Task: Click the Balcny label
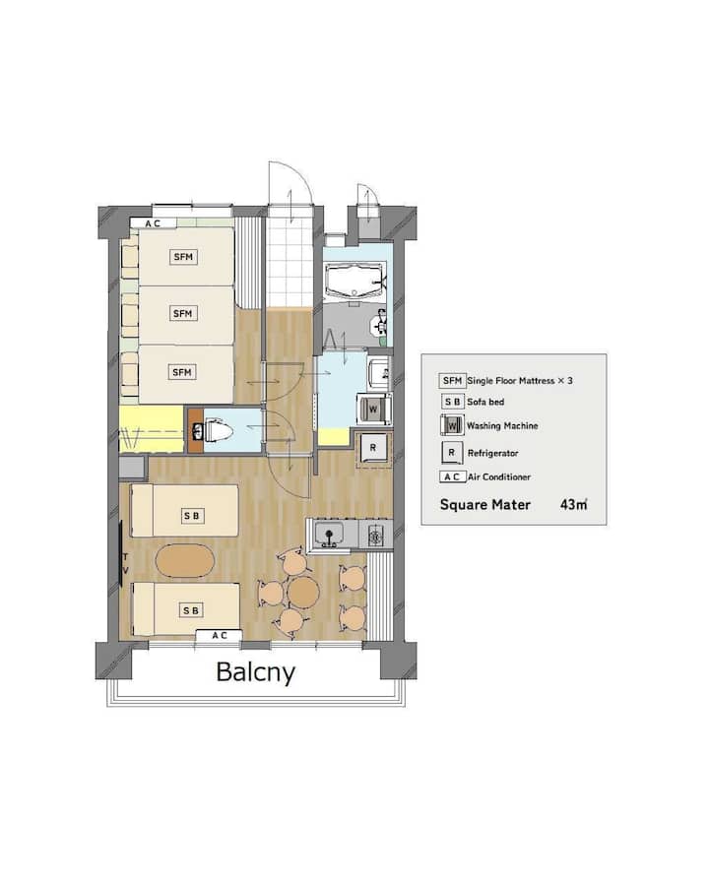(x=256, y=672)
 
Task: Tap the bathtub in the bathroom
(x=355, y=281)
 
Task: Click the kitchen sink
(x=329, y=534)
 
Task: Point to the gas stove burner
(x=376, y=535)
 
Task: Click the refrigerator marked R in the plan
(x=373, y=448)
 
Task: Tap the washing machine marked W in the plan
(x=373, y=409)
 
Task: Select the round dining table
(x=303, y=592)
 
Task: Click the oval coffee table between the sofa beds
(x=185, y=560)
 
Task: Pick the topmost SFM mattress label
(x=183, y=257)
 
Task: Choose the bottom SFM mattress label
(x=182, y=372)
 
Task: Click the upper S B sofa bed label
(x=192, y=516)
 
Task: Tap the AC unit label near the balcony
(x=220, y=636)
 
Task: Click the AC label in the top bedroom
(x=154, y=223)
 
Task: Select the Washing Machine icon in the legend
(x=452, y=425)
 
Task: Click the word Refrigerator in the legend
(x=493, y=453)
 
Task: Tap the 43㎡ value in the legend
(x=574, y=505)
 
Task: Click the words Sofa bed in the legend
(x=485, y=402)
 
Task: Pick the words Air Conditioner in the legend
(x=499, y=476)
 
